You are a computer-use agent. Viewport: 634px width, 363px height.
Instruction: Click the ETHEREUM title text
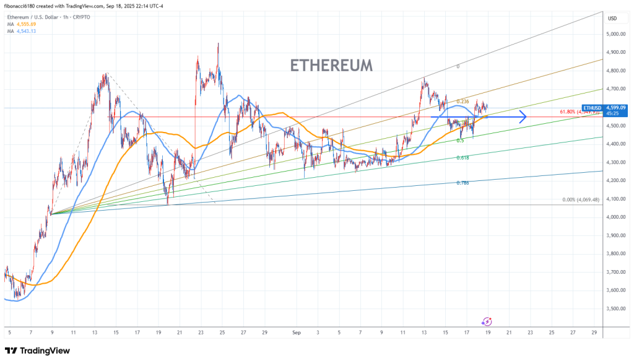(x=331, y=65)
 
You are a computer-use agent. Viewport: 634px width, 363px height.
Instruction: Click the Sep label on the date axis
(x=296, y=333)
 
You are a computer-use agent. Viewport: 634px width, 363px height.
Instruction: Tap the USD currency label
(x=612, y=18)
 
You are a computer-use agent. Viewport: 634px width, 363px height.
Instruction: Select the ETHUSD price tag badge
(x=592, y=108)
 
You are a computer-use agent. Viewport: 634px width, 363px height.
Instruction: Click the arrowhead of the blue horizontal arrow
(x=523, y=116)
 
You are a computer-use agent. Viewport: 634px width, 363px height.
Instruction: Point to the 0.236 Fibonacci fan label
(x=462, y=102)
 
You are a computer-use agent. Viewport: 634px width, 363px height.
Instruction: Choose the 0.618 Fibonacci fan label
(x=462, y=159)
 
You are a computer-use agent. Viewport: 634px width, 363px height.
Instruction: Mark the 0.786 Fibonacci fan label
(x=462, y=183)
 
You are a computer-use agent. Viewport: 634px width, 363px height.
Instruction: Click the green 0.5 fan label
(x=460, y=141)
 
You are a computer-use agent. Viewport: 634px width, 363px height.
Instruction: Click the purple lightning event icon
(x=487, y=321)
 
